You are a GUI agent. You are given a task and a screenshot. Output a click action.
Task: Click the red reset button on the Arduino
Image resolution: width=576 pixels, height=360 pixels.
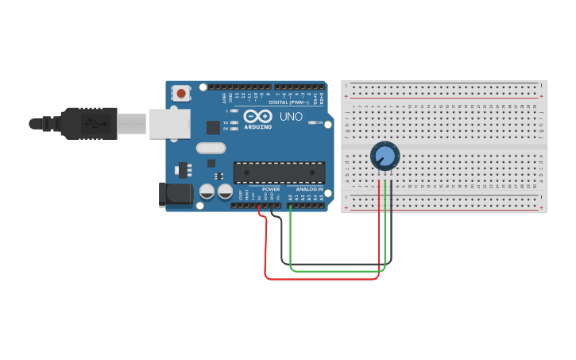(x=181, y=94)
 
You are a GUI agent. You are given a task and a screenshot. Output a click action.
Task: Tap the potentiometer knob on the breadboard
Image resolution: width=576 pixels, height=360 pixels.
(x=384, y=156)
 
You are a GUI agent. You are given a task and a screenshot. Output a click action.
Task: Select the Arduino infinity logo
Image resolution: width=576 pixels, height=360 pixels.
(x=257, y=116)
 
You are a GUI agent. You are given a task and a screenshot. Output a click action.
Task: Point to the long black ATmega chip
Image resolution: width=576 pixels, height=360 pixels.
(x=279, y=172)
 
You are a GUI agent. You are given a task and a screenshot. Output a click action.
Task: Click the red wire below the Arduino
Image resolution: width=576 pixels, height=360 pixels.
(x=318, y=279)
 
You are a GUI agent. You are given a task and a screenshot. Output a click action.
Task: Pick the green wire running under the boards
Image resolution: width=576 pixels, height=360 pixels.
(x=334, y=271)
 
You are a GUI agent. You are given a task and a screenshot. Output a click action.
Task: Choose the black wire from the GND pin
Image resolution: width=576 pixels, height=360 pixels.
(x=334, y=263)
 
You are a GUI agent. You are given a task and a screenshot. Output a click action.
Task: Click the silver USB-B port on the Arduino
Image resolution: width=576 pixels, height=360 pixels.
(x=170, y=123)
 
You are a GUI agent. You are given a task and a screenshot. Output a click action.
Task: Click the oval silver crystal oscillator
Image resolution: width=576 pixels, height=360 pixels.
(x=211, y=148)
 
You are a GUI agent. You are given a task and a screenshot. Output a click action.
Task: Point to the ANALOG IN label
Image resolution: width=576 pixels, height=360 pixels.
(x=309, y=189)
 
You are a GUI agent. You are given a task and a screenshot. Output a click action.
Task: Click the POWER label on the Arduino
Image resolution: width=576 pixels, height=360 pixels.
(x=271, y=189)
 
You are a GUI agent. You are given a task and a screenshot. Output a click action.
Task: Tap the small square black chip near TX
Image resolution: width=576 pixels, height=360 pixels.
(x=213, y=127)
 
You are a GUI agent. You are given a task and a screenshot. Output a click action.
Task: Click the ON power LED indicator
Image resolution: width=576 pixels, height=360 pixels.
(x=311, y=122)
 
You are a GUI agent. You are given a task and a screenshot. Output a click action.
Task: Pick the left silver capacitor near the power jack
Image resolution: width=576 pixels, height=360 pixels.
(x=207, y=192)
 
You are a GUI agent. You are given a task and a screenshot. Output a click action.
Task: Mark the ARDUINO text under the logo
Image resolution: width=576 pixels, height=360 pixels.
(x=257, y=126)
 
